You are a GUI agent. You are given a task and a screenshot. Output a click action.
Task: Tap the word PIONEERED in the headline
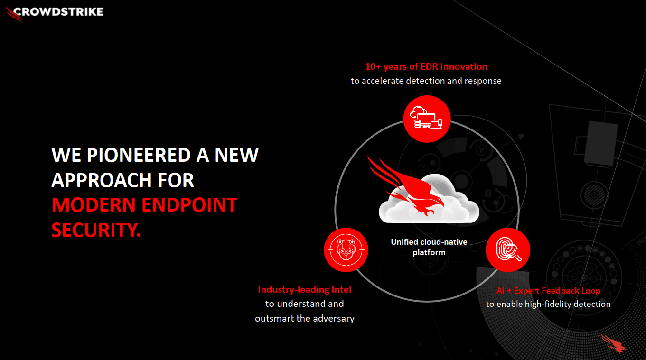[x=139, y=155]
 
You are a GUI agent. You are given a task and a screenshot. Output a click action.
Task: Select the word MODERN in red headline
[x=94, y=204]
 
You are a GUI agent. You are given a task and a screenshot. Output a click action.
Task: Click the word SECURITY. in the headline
[x=96, y=230]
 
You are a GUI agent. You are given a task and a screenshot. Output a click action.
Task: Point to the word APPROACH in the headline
[x=101, y=180]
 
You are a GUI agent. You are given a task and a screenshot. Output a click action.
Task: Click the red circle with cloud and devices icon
[x=427, y=119]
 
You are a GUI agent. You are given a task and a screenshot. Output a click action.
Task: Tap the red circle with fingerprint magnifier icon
[x=508, y=250]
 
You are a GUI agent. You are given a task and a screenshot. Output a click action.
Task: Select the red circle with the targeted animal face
[x=346, y=250]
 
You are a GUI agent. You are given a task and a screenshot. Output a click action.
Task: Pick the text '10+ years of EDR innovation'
[x=426, y=66]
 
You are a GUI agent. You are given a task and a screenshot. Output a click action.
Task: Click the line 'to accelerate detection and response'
[x=426, y=81]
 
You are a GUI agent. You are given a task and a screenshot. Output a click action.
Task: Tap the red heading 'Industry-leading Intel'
[x=305, y=289]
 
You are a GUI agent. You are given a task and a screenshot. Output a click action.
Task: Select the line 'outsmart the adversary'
[x=305, y=318]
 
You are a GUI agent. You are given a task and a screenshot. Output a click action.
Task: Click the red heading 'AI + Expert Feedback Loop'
[x=548, y=291]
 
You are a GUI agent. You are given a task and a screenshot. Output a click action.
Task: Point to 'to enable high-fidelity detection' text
[x=548, y=304]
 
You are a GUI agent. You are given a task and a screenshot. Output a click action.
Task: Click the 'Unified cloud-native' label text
[x=429, y=242]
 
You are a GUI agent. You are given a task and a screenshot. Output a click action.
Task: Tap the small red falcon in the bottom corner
[x=613, y=343]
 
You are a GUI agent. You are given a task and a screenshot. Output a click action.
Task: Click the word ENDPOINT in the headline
[x=189, y=204]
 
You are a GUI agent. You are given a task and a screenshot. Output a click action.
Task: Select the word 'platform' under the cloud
[x=429, y=253]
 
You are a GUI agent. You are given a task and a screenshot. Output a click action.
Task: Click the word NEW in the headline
[x=236, y=155]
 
